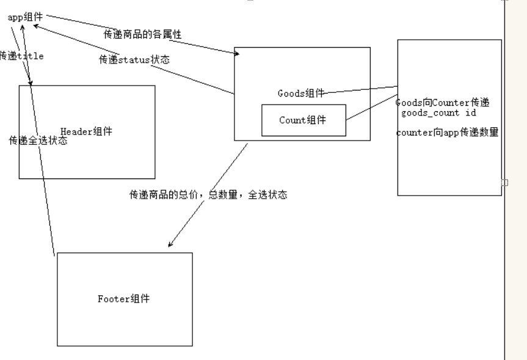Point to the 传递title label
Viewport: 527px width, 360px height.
coord(21,56)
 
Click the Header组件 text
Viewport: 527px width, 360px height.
coord(87,131)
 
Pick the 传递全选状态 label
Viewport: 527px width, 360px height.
coord(38,141)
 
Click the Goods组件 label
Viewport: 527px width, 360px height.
coord(300,94)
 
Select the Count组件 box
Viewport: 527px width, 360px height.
coord(303,120)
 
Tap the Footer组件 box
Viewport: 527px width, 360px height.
coord(125,299)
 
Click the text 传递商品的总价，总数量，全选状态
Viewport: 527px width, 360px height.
coord(208,195)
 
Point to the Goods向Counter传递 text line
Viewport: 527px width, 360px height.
coord(443,103)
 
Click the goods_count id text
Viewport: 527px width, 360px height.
coord(439,113)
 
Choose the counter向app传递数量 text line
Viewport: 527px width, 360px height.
coord(448,133)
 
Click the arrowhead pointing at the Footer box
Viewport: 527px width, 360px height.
coord(170,244)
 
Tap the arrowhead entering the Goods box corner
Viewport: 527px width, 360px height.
coord(236,54)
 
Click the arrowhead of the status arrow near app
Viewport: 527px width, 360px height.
coord(36,26)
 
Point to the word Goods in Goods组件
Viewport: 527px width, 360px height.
coord(290,94)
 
